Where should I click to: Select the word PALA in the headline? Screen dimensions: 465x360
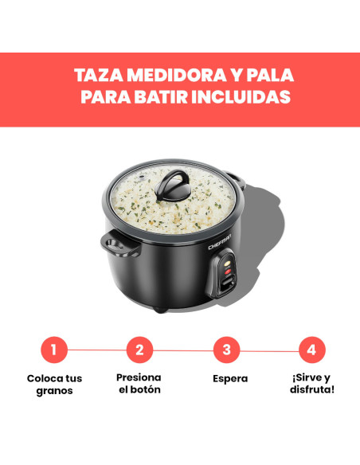click(x=269, y=76)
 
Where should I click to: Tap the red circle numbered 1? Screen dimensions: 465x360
click(x=54, y=349)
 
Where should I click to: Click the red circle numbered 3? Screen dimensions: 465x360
click(x=226, y=349)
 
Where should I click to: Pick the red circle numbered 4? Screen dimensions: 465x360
click(x=311, y=349)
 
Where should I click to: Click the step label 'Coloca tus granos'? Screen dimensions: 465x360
click(x=54, y=385)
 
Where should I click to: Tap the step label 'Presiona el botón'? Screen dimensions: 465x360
click(x=139, y=383)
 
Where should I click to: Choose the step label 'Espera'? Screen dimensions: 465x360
click(x=229, y=379)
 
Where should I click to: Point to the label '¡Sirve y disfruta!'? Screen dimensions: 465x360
click(x=311, y=384)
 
